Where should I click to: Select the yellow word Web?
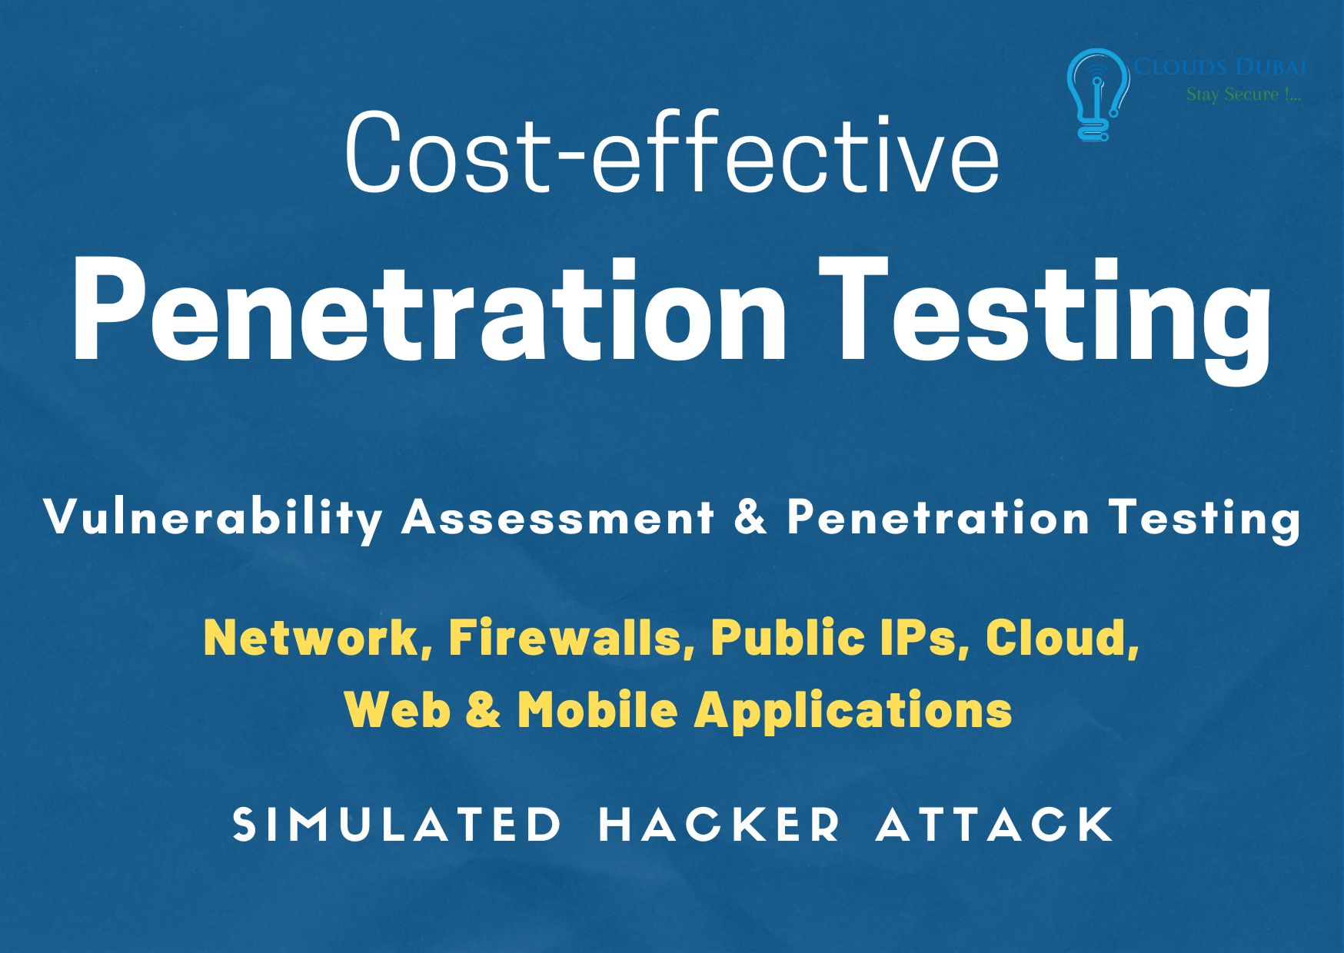click(x=398, y=709)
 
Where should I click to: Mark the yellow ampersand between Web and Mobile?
click(x=483, y=709)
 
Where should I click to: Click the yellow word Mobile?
click(x=597, y=709)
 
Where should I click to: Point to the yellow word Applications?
click(x=853, y=710)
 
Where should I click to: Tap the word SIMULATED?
click(x=398, y=825)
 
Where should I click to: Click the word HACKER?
click(x=720, y=825)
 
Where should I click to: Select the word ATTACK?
click(x=995, y=825)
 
